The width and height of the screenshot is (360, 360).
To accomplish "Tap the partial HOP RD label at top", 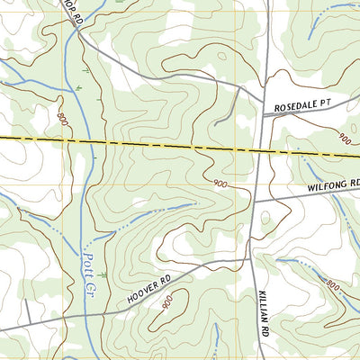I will point(71,13).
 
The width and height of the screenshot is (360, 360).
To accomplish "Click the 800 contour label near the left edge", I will point(62,118).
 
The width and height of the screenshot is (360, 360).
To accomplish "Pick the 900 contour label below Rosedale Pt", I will point(344,139).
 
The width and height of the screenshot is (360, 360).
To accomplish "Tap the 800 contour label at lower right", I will point(331,285).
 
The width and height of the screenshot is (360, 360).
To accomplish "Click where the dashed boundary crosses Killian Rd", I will point(260,150).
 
